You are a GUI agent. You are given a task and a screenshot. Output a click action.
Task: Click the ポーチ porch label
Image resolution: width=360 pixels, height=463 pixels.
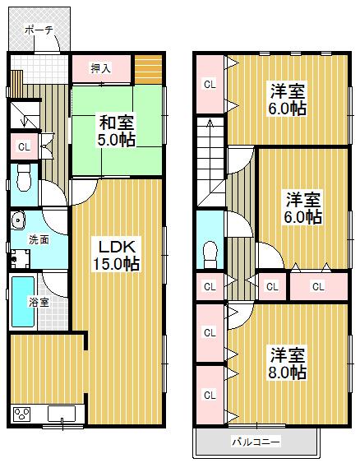[38, 29]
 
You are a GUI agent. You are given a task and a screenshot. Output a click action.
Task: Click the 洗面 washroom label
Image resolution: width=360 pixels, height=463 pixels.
[38, 240]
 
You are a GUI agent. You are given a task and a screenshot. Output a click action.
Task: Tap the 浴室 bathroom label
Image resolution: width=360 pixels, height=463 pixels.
[39, 302]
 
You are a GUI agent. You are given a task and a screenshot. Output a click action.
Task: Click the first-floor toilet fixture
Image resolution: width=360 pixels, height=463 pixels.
[24, 177]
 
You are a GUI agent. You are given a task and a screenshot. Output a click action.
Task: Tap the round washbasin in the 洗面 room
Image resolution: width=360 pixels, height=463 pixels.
[19, 223]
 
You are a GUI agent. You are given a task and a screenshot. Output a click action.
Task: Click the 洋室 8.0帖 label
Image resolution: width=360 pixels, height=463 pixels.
[287, 364]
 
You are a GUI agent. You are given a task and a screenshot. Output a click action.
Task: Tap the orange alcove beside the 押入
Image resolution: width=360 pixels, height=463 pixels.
[149, 68]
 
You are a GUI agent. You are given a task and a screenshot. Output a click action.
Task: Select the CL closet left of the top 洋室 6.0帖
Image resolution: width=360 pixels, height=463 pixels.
[210, 84]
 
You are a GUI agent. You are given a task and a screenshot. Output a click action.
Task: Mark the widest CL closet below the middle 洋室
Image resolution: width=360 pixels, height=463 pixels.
[317, 286]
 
